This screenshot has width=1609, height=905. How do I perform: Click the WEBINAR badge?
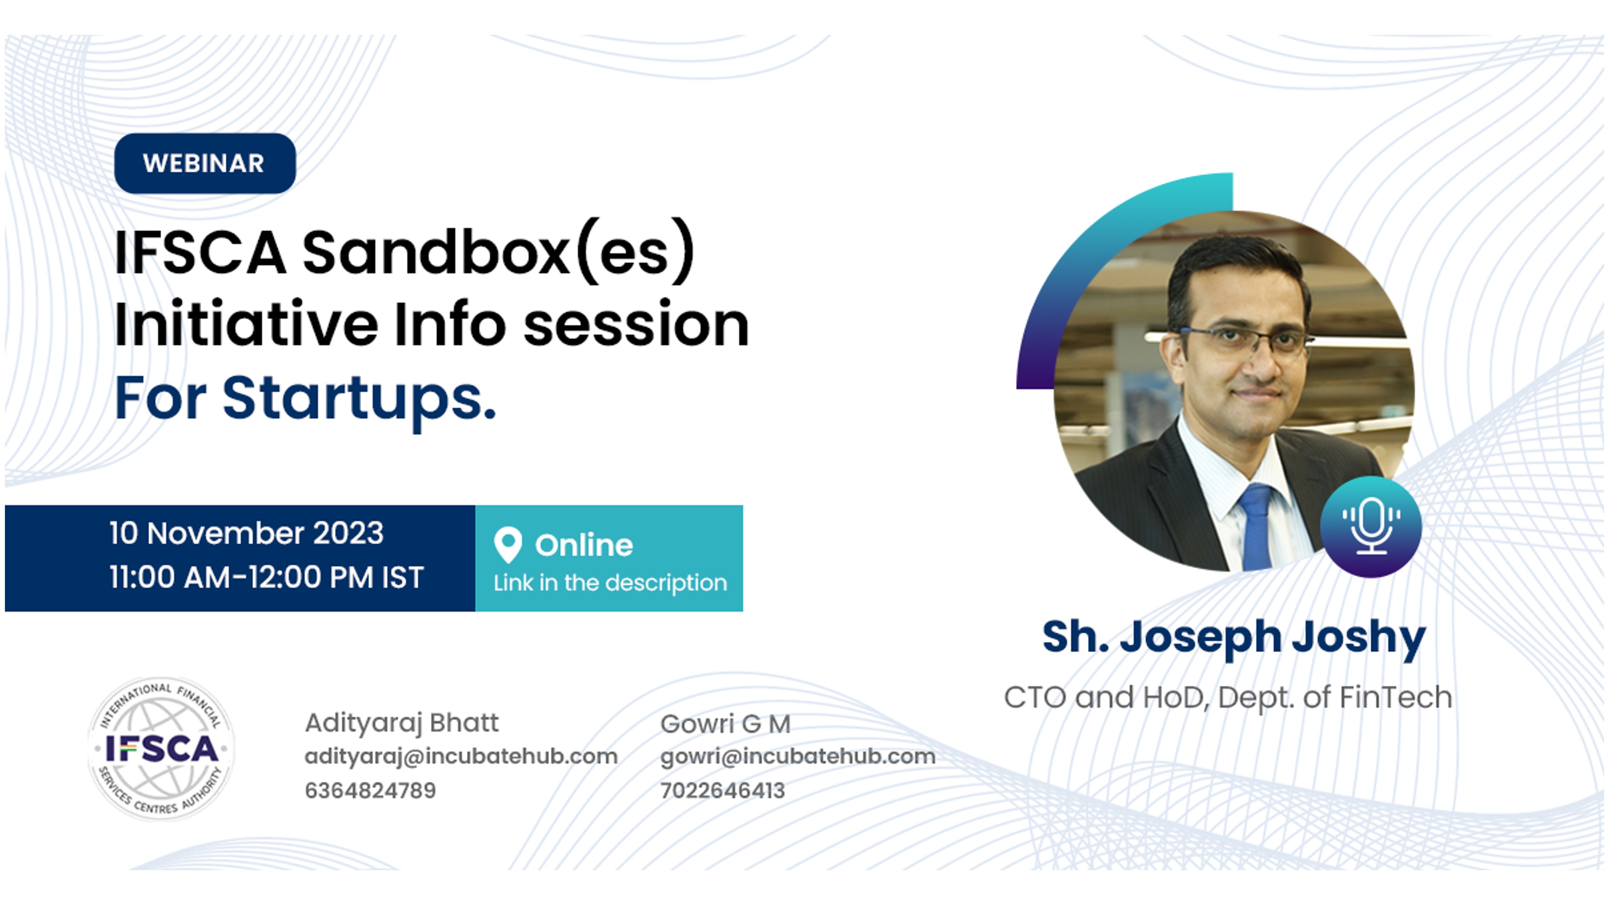point(205,163)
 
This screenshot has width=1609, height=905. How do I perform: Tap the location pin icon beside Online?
point(508,544)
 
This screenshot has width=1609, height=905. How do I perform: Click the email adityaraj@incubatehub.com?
point(461,756)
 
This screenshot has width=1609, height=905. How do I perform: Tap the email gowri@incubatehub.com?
point(797,756)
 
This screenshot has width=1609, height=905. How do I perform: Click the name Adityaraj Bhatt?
point(402,723)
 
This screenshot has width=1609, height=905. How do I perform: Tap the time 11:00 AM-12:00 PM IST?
point(267,577)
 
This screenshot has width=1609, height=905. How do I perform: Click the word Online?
point(584,545)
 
